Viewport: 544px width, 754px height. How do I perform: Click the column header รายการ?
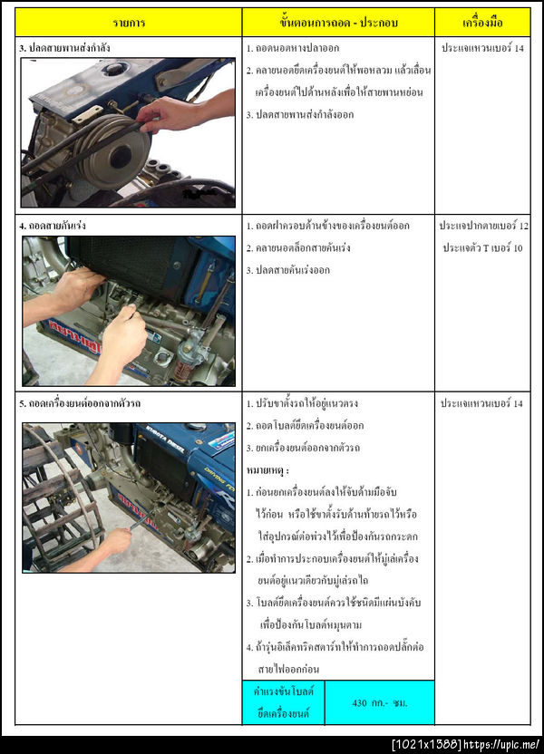pyautogui.click(x=129, y=22)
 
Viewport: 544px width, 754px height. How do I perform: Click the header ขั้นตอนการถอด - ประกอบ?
pyautogui.click(x=338, y=22)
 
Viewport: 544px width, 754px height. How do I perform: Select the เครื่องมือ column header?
pyautogui.click(x=483, y=22)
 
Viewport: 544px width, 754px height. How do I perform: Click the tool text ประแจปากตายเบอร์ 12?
pyautogui.click(x=483, y=225)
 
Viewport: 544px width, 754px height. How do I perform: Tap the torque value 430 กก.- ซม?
pyautogui.click(x=379, y=702)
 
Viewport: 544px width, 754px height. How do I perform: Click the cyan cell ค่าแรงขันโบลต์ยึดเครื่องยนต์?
pyautogui.click(x=283, y=702)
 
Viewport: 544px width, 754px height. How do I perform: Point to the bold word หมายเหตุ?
pyautogui.click(x=267, y=470)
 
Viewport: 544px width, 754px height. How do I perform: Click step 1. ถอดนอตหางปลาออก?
pyautogui.click(x=294, y=47)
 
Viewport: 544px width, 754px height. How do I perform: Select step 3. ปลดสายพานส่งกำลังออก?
pyautogui.click(x=300, y=114)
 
